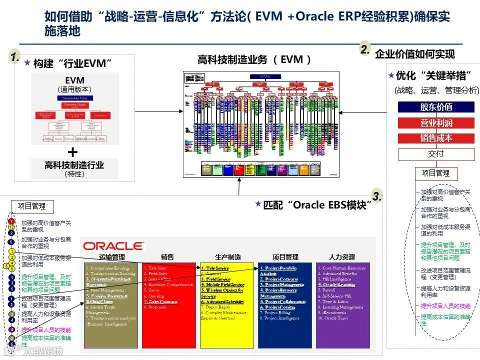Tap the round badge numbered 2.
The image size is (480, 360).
[x=365, y=49]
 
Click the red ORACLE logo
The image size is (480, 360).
[x=113, y=246]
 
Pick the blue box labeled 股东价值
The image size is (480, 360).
[x=436, y=107]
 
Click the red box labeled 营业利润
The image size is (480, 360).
[x=436, y=123]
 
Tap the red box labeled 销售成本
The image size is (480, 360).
[x=436, y=138]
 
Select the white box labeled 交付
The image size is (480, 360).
[x=436, y=154]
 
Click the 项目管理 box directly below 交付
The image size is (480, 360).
[x=435, y=173]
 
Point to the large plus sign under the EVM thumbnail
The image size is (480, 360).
[x=73, y=152]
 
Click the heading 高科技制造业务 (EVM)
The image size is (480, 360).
[x=255, y=60]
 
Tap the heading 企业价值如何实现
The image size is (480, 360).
[x=415, y=54]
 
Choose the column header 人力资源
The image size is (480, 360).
[x=342, y=257]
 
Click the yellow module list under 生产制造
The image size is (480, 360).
[x=226, y=305]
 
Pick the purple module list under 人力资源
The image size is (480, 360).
[x=342, y=305]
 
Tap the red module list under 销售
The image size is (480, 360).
[x=169, y=305]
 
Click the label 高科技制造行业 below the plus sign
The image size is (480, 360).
[x=74, y=165]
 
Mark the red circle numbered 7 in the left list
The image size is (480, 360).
[x=11, y=221]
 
